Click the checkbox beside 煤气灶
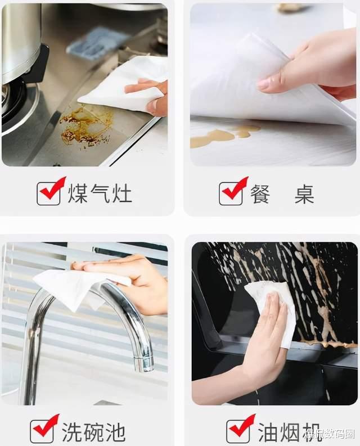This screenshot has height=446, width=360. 49,193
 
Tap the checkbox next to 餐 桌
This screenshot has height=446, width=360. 231,193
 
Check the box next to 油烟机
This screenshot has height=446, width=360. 238,431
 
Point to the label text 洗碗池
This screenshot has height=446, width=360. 93,432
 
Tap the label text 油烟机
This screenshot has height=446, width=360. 289,432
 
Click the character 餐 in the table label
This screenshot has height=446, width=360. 260,194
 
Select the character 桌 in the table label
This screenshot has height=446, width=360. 304,194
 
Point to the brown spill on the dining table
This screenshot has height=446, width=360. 225,136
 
